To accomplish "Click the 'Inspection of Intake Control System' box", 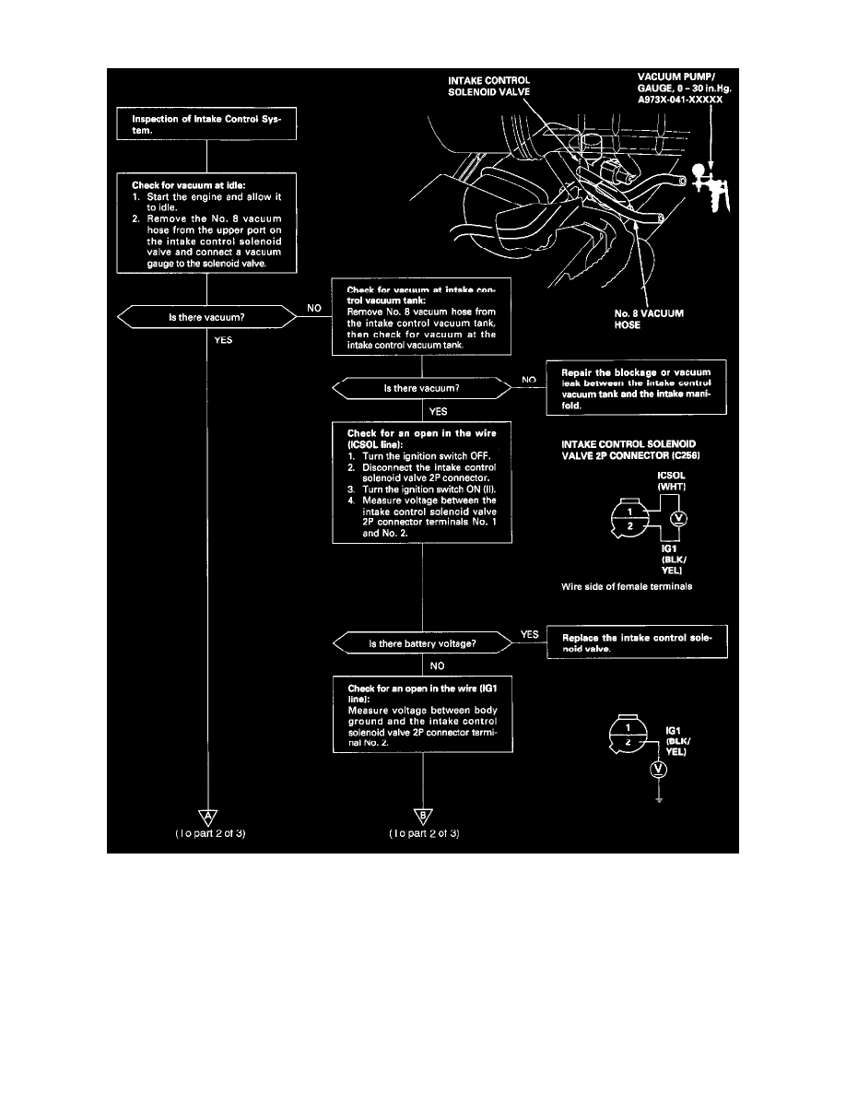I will (x=206, y=124).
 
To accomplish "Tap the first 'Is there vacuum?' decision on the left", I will (x=205, y=318).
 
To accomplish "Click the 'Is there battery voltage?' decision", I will (x=422, y=642).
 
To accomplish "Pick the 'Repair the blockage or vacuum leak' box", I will (x=635, y=387).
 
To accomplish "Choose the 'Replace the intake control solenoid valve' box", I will (x=637, y=642).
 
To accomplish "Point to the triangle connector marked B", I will (x=423, y=814).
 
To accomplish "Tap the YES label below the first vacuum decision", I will (x=223, y=339).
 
